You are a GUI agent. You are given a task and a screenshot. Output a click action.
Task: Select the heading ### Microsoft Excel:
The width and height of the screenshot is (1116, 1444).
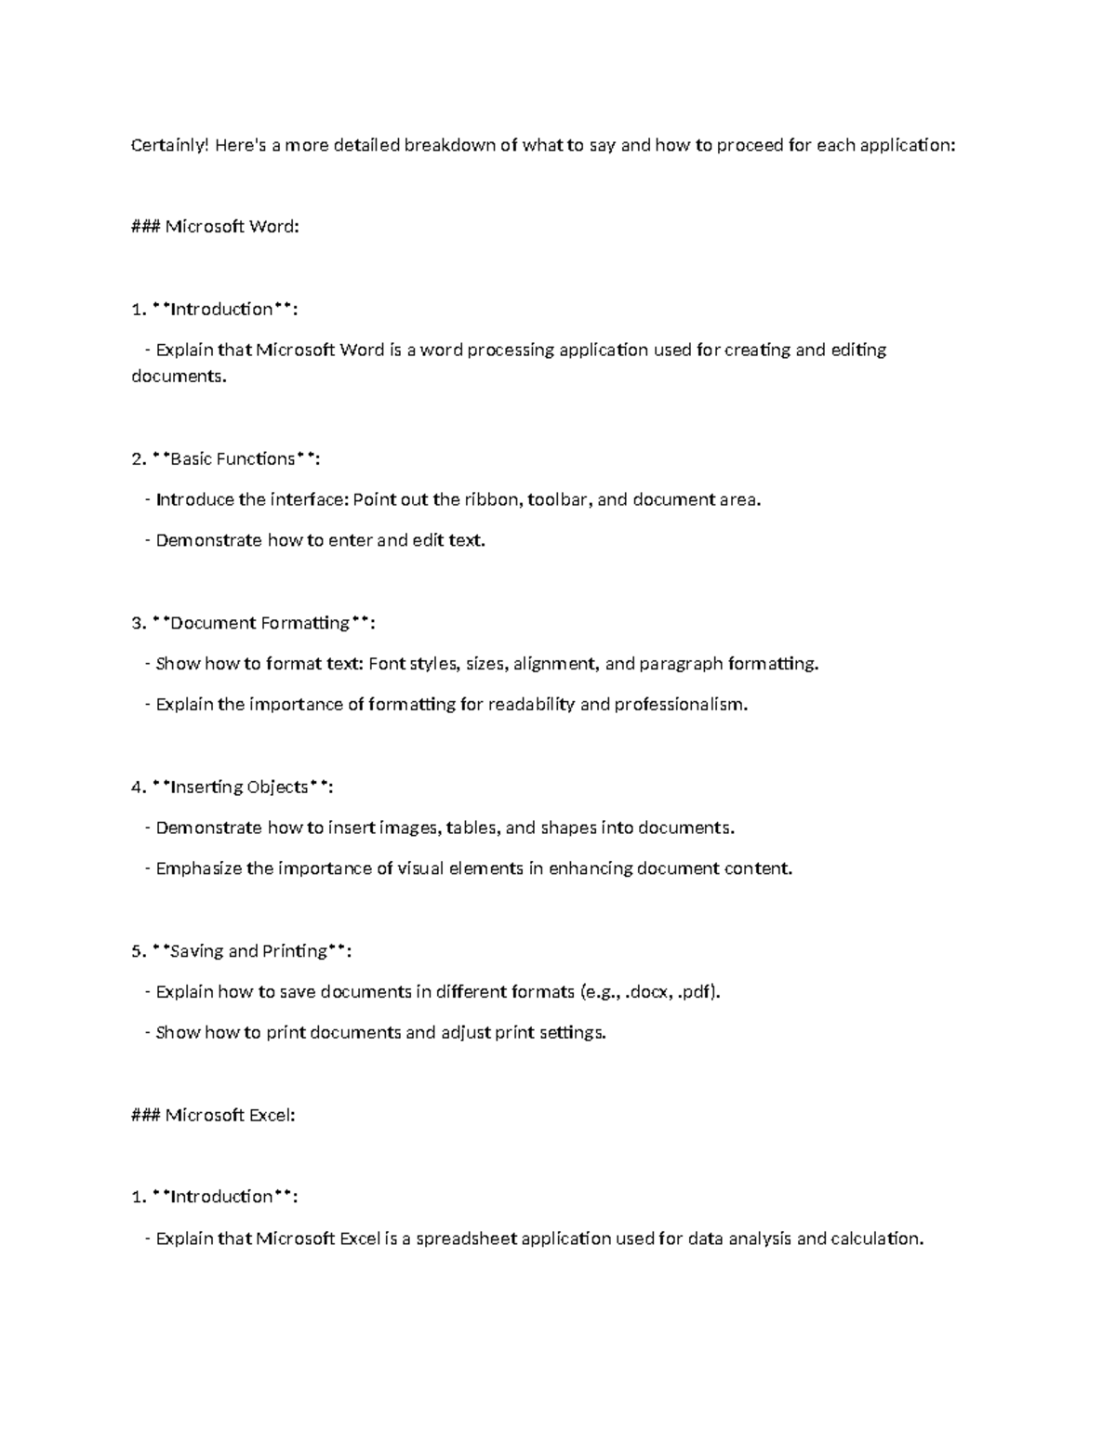point(214,1115)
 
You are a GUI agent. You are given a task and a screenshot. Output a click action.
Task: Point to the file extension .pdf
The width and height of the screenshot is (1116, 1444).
point(697,992)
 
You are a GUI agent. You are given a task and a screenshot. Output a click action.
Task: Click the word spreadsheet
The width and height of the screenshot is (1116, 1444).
point(466,1239)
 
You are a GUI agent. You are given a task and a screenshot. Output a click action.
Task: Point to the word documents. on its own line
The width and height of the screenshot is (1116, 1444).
point(179,378)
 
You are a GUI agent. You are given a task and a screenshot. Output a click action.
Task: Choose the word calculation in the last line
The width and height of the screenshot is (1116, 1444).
point(876,1239)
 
